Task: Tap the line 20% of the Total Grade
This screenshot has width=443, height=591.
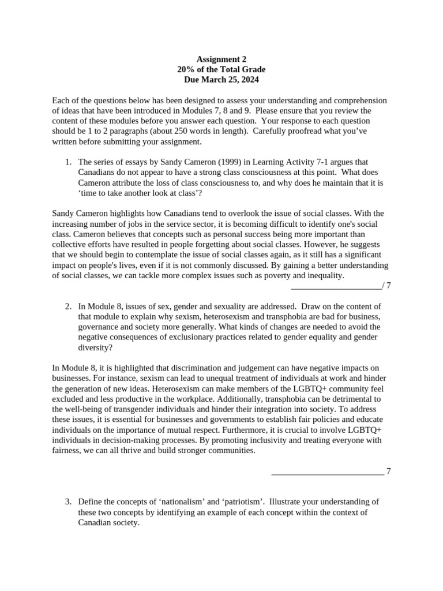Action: pyautogui.click(x=221, y=69)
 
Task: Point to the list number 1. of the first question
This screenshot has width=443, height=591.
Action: pyautogui.click(x=68, y=162)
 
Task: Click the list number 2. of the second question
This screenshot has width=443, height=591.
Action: pyautogui.click(x=68, y=306)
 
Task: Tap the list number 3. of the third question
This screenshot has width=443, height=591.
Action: pyautogui.click(x=68, y=502)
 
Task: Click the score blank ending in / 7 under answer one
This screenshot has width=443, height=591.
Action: pyautogui.click(x=340, y=286)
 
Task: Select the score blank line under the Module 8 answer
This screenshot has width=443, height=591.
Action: pyautogui.click(x=327, y=472)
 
